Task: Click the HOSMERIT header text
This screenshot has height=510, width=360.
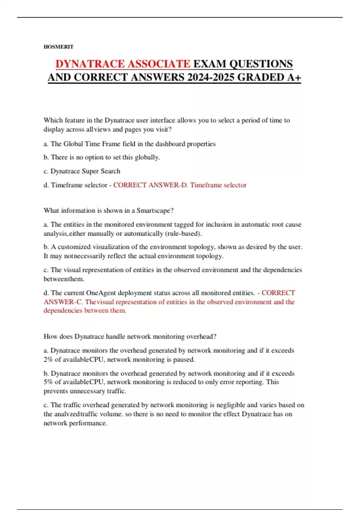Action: [58, 47]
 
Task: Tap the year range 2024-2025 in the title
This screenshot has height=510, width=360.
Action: [211, 77]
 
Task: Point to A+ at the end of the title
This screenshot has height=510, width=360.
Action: [294, 77]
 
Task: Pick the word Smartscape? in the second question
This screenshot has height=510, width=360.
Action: [155, 211]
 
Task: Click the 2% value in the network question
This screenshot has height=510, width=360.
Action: [48, 359]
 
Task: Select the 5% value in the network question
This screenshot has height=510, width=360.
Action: [48, 382]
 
